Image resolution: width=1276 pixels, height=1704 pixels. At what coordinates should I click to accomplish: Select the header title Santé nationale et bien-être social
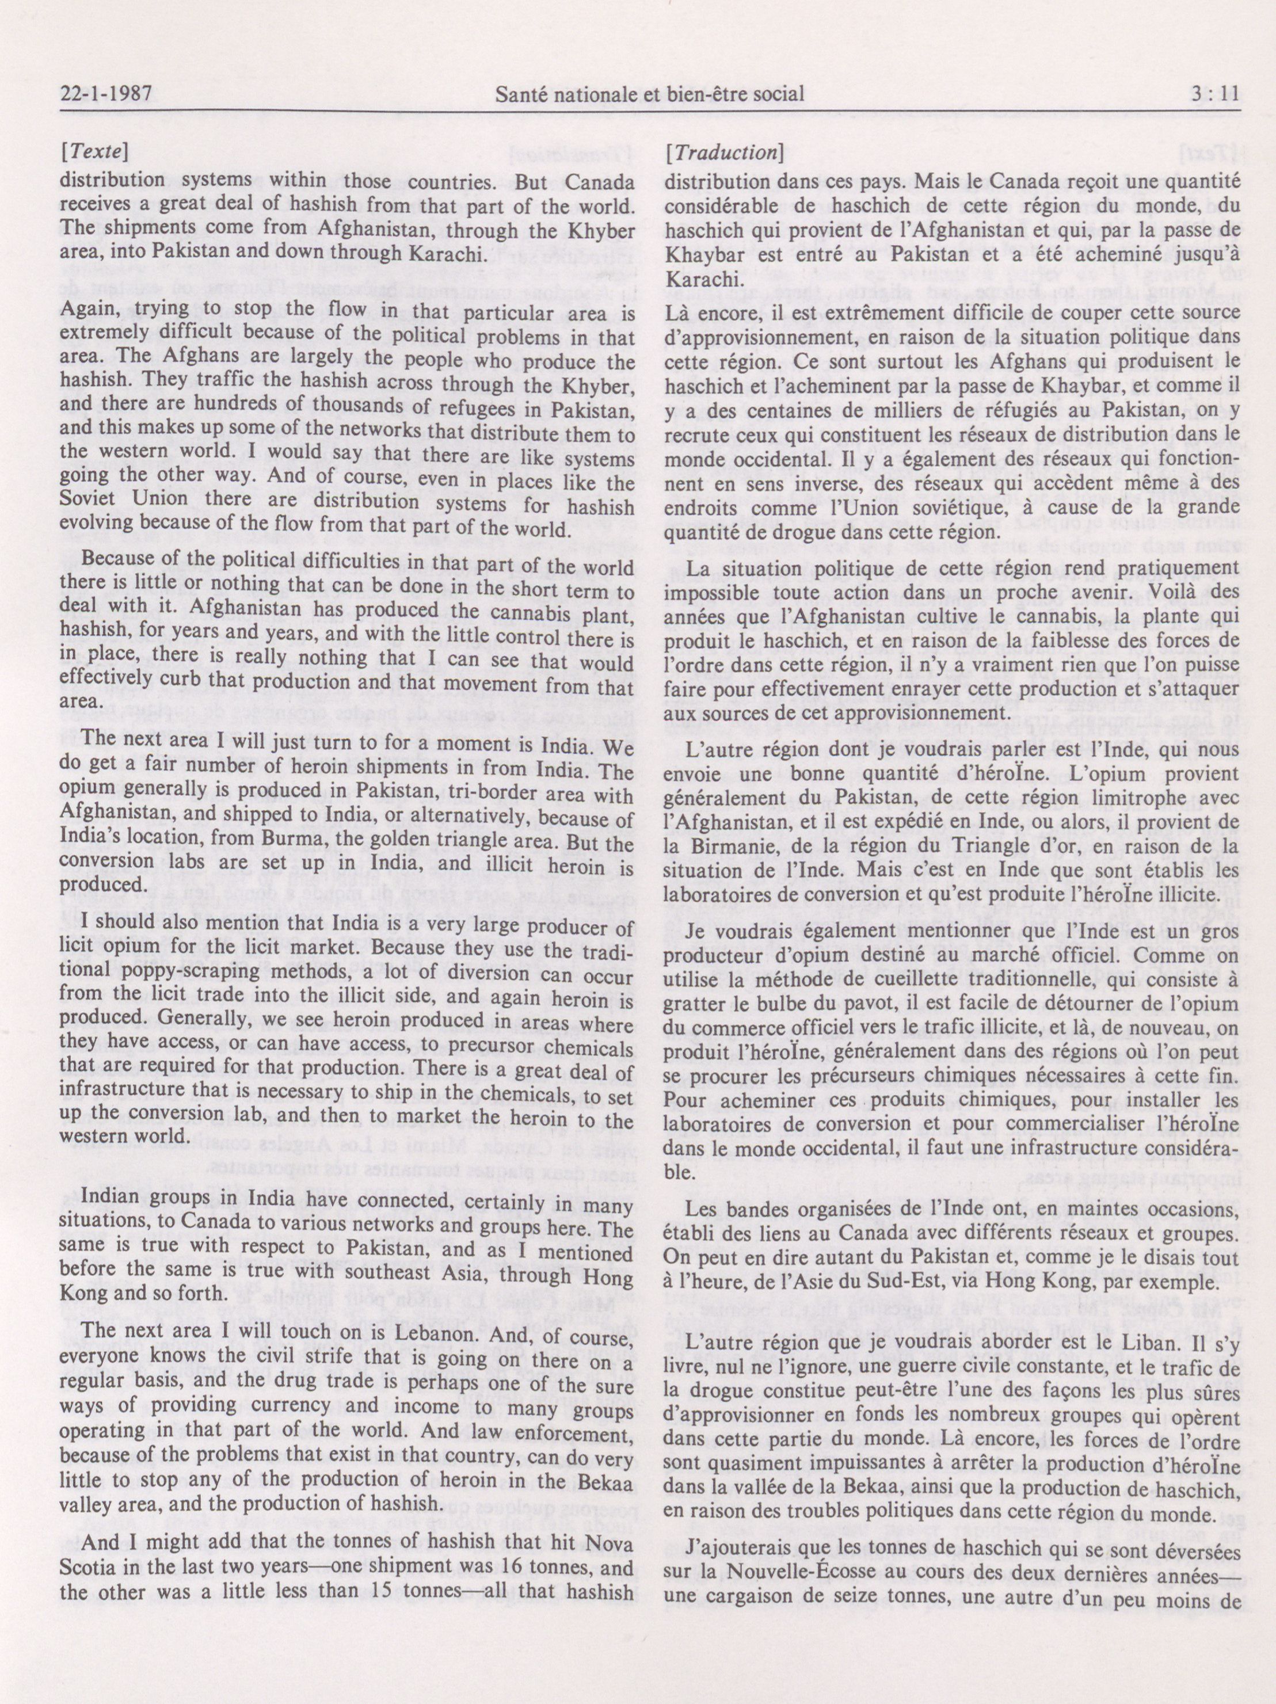click(x=650, y=95)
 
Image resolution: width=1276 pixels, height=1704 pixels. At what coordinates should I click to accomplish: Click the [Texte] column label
click(x=94, y=152)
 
